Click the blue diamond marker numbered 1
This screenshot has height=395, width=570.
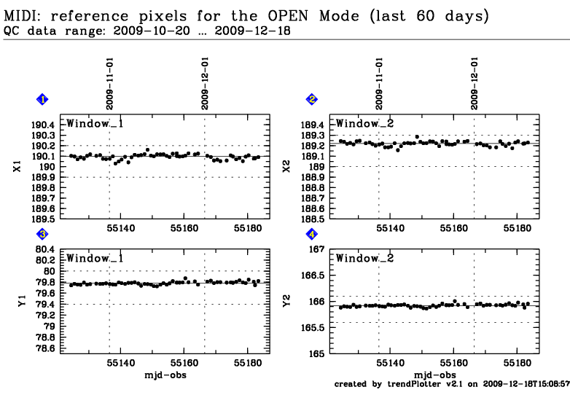(43, 99)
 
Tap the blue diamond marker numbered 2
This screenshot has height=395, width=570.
(312, 99)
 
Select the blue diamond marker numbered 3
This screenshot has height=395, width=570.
(43, 234)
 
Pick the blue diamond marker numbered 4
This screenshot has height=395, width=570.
(312, 234)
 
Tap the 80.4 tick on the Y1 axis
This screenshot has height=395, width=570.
(43, 249)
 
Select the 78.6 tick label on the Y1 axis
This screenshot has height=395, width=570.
(43, 349)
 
